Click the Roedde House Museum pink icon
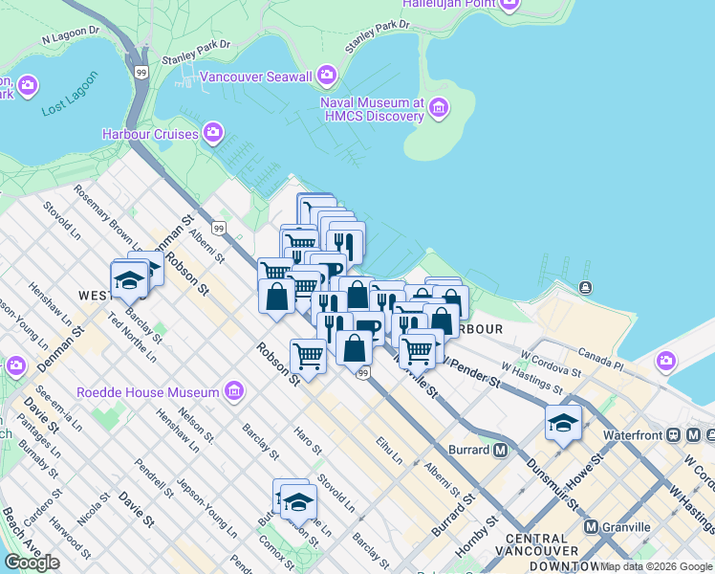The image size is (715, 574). (x=233, y=390)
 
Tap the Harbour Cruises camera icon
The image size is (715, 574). (x=212, y=133)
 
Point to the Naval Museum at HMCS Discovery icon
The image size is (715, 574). (x=439, y=108)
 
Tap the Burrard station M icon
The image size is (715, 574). (x=501, y=450)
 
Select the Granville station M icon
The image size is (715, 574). (x=591, y=526)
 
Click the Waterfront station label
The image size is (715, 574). (x=633, y=434)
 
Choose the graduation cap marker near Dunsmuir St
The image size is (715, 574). (x=563, y=422)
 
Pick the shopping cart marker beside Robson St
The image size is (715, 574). (x=308, y=356)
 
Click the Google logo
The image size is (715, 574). (x=32, y=563)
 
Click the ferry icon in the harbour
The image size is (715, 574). (x=584, y=287)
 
